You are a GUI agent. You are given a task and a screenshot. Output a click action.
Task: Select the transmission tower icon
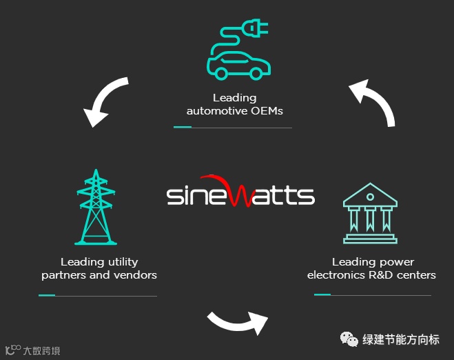click(x=95, y=207)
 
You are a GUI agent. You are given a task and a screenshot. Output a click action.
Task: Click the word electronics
click(x=336, y=275)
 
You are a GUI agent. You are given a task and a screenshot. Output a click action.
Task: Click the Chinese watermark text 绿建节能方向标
click(x=401, y=339)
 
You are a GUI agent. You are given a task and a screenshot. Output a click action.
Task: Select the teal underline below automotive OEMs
click(x=183, y=127)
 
